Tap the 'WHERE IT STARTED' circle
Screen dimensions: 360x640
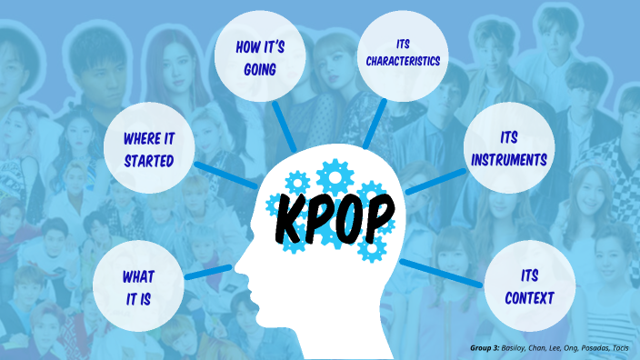coord(150,150)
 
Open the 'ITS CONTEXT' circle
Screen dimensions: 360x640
coord(530,285)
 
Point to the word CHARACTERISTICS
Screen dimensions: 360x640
coord(404,62)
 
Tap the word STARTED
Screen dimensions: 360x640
coord(150,164)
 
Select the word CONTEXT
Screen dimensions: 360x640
coord(530,297)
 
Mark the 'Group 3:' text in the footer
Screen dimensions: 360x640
coord(486,348)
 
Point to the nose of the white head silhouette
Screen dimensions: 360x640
coord(237,269)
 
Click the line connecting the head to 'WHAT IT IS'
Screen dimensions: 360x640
coord(207,271)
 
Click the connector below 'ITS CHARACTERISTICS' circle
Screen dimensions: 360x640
coord(374,124)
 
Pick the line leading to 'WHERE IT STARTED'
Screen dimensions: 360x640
coord(224,175)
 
